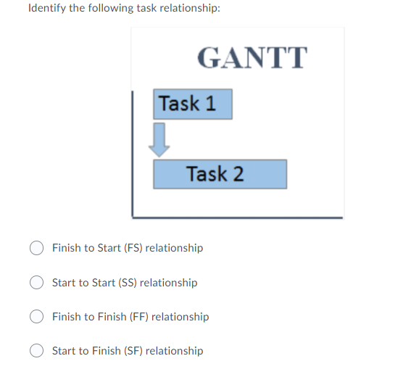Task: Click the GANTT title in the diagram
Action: (252, 57)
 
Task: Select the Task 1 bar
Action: (192, 104)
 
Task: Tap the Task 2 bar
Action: (220, 174)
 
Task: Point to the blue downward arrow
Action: (159, 138)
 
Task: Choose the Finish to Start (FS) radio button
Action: (36, 248)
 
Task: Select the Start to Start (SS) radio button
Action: (36, 283)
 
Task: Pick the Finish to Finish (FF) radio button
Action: (36, 317)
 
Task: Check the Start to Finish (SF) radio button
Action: (36, 351)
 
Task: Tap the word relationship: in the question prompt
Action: (190, 9)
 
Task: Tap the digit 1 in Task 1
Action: (210, 104)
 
